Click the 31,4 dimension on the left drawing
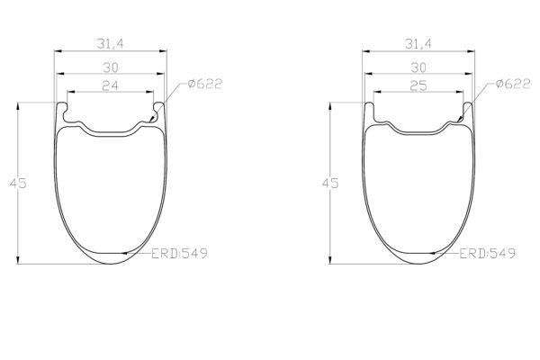[x=111, y=42]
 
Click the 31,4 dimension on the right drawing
[x=419, y=42]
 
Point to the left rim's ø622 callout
[x=206, y=85]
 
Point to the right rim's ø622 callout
[x=514, y=85]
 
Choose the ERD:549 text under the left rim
[x=180, y=254]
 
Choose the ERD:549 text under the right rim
[x=488, y=254]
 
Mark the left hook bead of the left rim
[x=62, y=109]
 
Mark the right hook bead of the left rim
[x=160, y=109]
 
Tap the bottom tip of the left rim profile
[x=111, y=265]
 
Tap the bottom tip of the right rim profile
[x=419, y=265]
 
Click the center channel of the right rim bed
[x=419, y=133]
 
